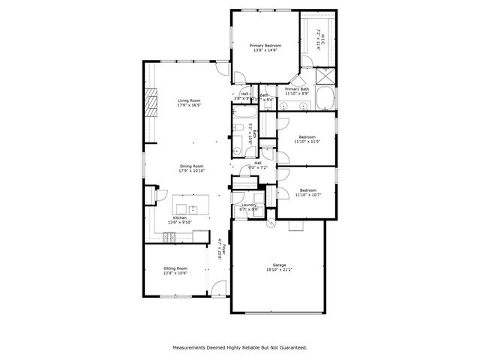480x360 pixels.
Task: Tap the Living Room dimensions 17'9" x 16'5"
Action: coord(190,105)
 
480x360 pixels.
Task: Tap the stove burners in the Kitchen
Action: coord(169,237)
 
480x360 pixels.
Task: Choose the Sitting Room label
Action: coord(176,268)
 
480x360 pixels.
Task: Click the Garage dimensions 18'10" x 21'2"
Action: coord(278,269)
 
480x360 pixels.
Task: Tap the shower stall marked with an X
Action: coord(326,76)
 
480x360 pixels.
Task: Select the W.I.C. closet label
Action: coord(318,33)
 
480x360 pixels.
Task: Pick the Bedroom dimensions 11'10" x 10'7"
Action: coord(307,194)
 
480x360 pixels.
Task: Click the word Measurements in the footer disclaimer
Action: coord(190,347)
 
